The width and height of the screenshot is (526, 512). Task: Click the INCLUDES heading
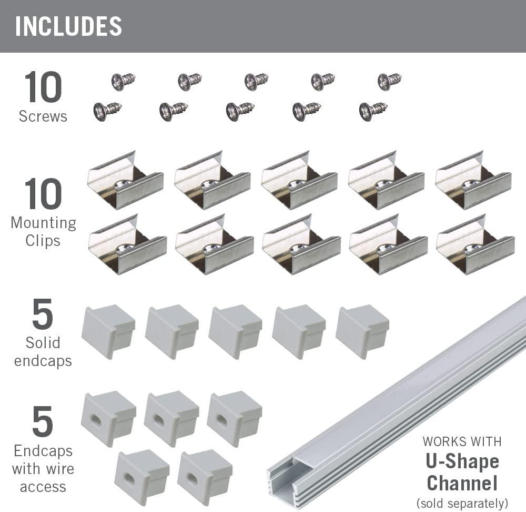68,27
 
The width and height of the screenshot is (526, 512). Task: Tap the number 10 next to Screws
43,87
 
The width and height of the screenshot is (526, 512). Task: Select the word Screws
43,116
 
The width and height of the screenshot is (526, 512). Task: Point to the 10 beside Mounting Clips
43,194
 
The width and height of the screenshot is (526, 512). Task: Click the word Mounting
43,223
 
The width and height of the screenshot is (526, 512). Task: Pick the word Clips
43,241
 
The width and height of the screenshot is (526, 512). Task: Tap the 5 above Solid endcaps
43,314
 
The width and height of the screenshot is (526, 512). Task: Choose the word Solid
43,343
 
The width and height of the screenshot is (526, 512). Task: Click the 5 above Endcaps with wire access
43,422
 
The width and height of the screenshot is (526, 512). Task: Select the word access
43,487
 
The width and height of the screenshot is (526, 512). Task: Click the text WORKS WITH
462,441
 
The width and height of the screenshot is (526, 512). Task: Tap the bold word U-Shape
462,461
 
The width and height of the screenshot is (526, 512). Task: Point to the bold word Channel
462,483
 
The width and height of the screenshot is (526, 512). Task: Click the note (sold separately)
462,503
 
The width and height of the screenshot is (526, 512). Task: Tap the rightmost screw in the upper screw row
389,81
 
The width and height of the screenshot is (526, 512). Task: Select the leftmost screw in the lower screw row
107,111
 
